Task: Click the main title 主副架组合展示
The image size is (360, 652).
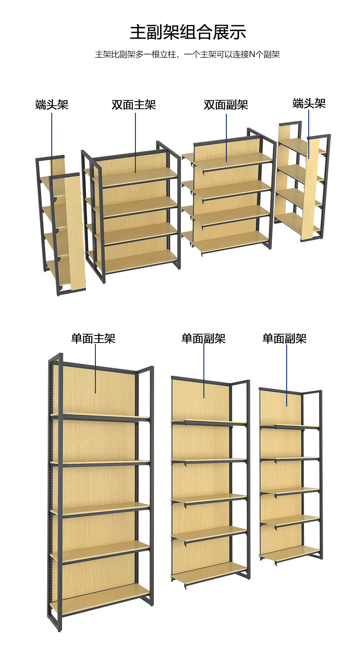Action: tap(188, 32)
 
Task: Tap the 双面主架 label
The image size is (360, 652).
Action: tap(134, 105)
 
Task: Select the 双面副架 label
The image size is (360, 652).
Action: tap(226, 105)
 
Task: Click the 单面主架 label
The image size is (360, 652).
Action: tap(93, 338)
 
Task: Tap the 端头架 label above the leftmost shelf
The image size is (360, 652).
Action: tap(52, 105)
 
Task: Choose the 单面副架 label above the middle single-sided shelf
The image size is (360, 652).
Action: tap(203, 338)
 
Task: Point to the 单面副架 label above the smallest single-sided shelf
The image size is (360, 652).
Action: tap(284, 338)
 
